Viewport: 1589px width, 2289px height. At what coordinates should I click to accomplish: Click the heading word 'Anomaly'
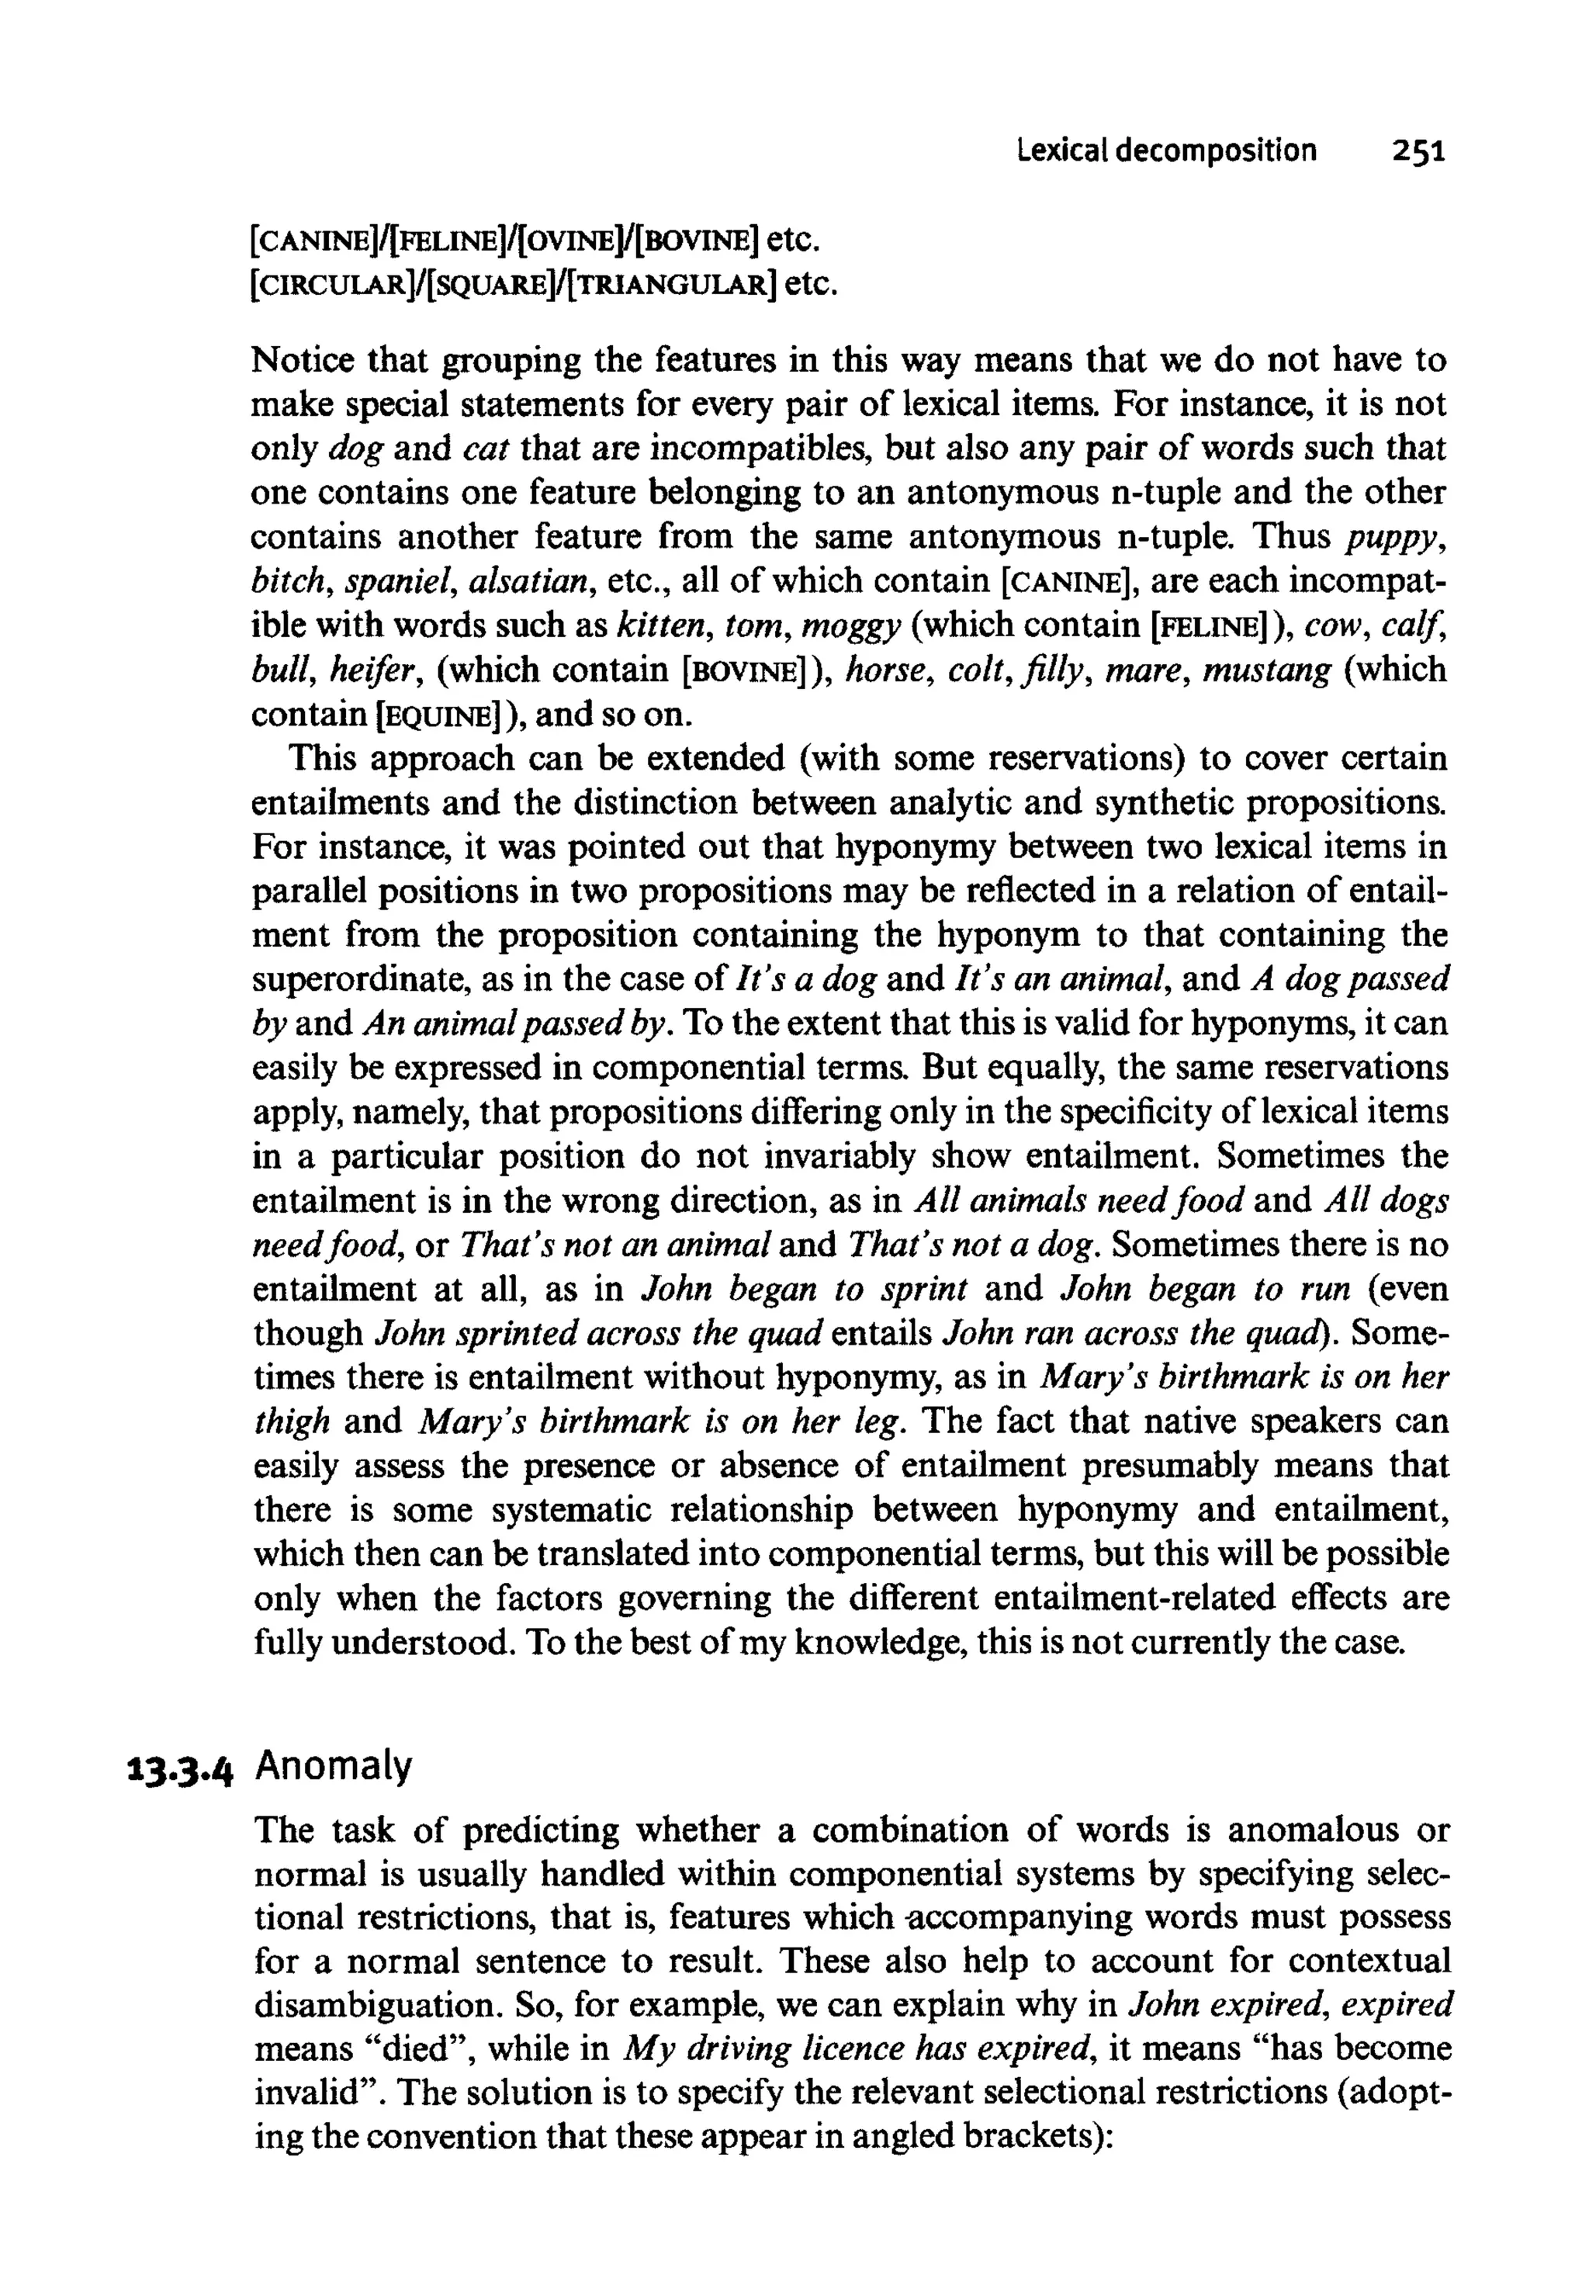(x=334, y=1766)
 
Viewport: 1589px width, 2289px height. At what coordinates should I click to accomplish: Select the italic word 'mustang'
(x=1266, y=670)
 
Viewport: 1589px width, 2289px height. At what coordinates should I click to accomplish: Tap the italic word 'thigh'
(x=291, y=1421)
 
